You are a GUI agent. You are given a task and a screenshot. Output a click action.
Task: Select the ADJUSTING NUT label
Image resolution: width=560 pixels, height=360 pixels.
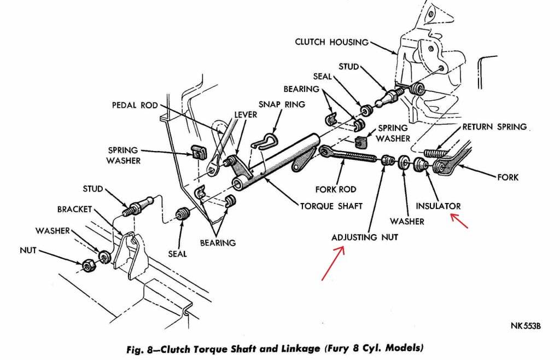coord(365,237)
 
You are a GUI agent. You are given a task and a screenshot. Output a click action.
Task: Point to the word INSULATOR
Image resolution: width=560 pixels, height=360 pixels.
coord(438,206)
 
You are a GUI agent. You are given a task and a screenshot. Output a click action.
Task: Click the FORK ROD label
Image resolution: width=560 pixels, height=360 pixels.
coord(336,189)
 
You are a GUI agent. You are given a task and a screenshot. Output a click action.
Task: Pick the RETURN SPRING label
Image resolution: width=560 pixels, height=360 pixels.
coord(494,127)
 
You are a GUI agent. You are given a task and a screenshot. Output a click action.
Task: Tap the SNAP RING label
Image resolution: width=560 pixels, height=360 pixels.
coord(281,104)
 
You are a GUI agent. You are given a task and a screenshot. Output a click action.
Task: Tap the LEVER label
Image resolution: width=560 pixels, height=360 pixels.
coord(246,115)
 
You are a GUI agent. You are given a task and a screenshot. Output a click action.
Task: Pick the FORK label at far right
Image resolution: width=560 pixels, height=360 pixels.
coord(508,177)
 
